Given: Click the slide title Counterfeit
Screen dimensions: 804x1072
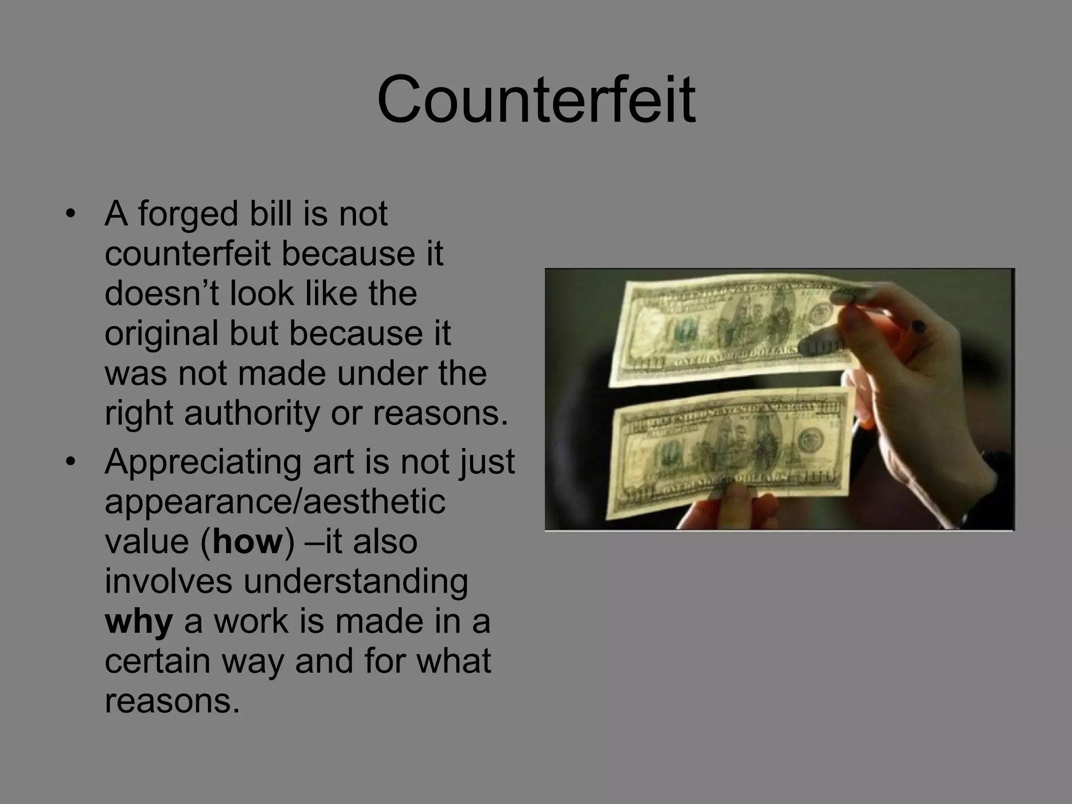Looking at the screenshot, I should (536, 99).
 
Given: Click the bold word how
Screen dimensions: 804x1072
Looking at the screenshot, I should (248, 542).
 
